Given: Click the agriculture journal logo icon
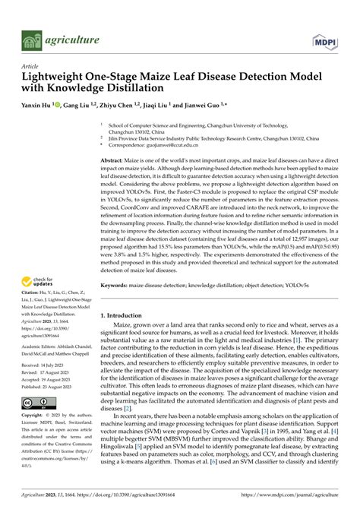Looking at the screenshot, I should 30,39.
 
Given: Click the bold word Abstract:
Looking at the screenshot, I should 115,162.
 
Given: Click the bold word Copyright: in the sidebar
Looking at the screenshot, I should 36,416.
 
